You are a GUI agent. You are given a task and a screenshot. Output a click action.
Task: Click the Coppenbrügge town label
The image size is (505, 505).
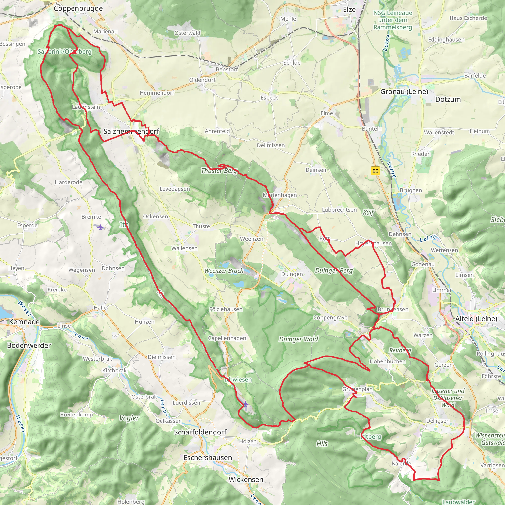click(x=78, y=8)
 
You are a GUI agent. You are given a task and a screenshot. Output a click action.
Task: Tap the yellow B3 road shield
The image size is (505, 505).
click(x=375, y=171)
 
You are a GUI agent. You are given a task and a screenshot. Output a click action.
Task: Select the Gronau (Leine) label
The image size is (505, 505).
click(x=404, y=91)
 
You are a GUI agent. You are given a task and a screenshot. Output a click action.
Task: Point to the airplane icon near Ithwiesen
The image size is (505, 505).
click(x=245, y=404)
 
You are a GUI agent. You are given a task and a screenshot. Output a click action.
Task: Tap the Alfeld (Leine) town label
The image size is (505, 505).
click(x=476, y=318)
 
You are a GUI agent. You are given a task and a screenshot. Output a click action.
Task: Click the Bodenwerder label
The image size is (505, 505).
click(x=29, y=345)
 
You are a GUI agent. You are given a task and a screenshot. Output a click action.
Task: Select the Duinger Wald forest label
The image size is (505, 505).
click(x=299, y=339)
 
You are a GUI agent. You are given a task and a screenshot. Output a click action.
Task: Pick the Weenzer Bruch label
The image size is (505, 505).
click(x=224, y=271)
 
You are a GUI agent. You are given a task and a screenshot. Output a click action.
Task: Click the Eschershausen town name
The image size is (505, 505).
click(x=208, y=457)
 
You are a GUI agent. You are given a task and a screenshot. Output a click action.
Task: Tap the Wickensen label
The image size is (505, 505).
click(x=246, y=479)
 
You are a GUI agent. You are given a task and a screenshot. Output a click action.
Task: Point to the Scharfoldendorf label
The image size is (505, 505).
click(x=200, y=432)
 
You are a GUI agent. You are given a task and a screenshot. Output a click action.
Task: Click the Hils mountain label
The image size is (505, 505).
click(x=322, y=444)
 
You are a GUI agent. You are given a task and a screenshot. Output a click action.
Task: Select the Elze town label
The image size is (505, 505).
click(x=349, y=9)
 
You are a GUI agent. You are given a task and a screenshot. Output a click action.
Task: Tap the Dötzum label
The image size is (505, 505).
click(x=448, y=99)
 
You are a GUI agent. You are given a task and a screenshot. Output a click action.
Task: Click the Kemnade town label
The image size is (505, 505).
click(x=24, y=322)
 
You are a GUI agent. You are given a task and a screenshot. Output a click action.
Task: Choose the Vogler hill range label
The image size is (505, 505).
click(x=129, y=418)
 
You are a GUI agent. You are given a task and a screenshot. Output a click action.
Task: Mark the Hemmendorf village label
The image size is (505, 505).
click(x=157, y=93)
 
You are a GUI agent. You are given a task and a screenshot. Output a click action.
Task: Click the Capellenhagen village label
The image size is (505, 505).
click(x=227, y=338)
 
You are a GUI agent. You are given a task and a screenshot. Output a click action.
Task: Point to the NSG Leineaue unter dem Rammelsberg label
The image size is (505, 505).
click(x=392, y=20)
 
